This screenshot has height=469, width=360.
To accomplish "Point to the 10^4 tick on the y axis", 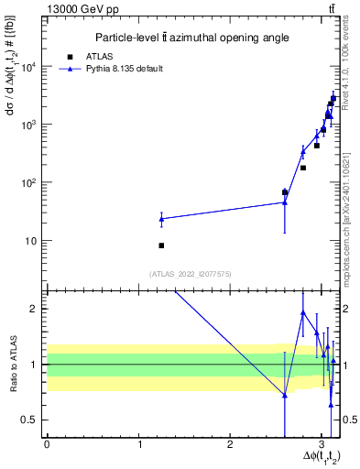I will click(32, 67).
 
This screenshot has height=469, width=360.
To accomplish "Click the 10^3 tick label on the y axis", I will click(32, 125).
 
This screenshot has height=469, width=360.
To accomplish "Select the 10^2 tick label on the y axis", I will click(32, 182).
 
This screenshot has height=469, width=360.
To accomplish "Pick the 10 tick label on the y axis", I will click(34, 241).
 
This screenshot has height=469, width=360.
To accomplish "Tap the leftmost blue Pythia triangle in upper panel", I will click(161, 219).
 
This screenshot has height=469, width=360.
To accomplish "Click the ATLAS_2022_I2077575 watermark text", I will click(191, 273).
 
